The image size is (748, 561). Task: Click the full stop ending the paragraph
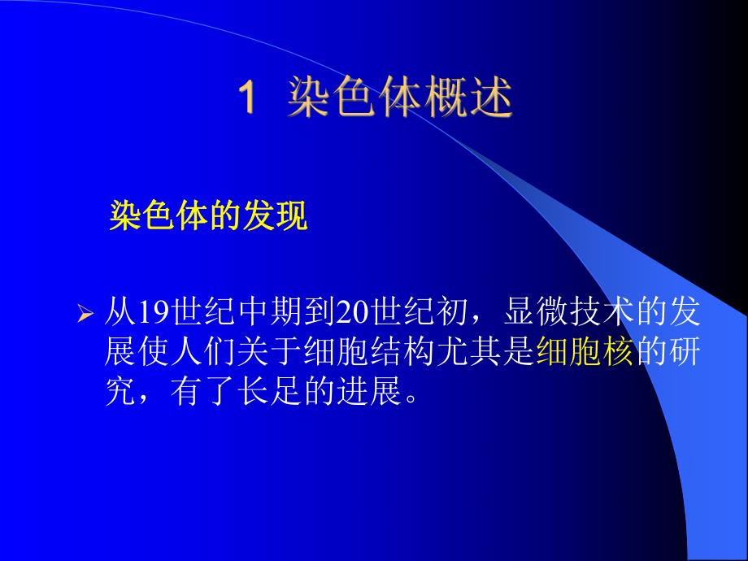(x=411, y=398)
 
